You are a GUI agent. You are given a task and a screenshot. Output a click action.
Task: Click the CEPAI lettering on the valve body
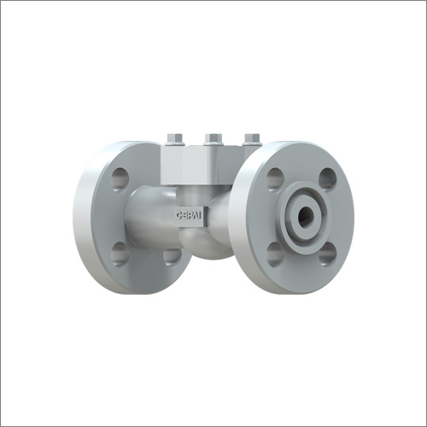pos(190,217)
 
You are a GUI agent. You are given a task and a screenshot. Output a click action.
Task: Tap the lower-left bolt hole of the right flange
pos(274,253)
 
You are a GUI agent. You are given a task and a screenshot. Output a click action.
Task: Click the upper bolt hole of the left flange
pos(120,178)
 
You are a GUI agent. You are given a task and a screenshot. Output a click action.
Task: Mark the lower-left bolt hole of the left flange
pos(120,253)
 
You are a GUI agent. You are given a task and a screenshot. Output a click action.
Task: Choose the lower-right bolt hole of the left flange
pos(171,256)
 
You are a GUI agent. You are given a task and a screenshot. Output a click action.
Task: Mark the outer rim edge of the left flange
pos(84,218)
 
